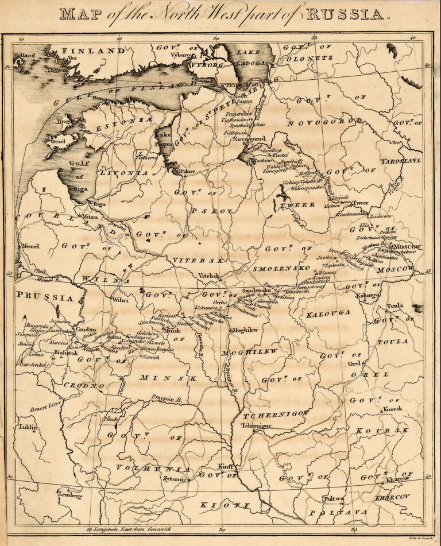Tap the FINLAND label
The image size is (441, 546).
click(93, 51)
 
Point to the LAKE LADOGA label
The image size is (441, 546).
click(252, 57)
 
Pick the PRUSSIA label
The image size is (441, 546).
click(45, 297)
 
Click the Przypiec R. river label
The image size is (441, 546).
click(167, 397)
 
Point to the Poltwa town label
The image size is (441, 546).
click(334, 498)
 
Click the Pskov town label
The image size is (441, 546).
click(187, 171)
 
